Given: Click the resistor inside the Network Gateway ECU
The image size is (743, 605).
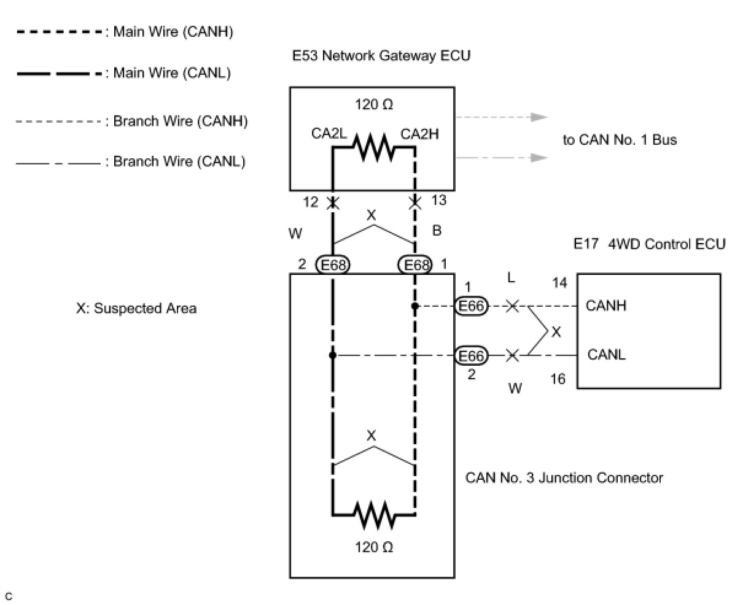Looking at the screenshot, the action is click(373, 147).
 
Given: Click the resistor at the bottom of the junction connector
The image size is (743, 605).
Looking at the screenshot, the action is click(375, 514).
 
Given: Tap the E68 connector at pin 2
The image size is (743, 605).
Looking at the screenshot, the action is click(332, 265).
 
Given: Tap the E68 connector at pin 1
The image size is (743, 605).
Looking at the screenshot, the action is click(415, 265).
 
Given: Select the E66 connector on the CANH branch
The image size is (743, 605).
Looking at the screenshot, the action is click(471, 306).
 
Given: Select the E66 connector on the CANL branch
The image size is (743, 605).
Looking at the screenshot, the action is click(471, 356).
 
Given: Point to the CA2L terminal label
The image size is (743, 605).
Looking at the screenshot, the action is click(329, 134).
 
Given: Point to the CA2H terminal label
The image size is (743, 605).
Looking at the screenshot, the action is click(419, 134).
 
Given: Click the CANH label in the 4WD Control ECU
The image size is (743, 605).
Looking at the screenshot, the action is click(606, 306).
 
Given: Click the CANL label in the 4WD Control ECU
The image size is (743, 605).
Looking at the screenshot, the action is click(606, 355).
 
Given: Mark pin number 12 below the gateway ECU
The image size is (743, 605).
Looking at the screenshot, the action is click(311, 202).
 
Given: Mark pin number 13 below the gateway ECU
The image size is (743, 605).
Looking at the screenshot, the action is click(439, 200).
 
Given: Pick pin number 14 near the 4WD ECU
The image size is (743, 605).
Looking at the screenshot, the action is click(559, 283).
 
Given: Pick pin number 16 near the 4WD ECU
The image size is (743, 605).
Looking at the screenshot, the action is click(558, 379).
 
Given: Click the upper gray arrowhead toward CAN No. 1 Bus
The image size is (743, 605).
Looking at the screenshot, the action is click(539, 117).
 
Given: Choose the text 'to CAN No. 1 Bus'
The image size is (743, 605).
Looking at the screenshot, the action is click(620, 140).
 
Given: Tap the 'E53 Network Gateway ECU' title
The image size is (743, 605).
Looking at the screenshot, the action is click(381, 56).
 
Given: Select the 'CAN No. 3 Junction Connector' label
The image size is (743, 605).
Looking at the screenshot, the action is click(564, 478).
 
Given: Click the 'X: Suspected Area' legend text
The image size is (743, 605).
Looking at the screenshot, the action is click(136, 309).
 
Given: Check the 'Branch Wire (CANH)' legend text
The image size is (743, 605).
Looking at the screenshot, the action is click(181, 121).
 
